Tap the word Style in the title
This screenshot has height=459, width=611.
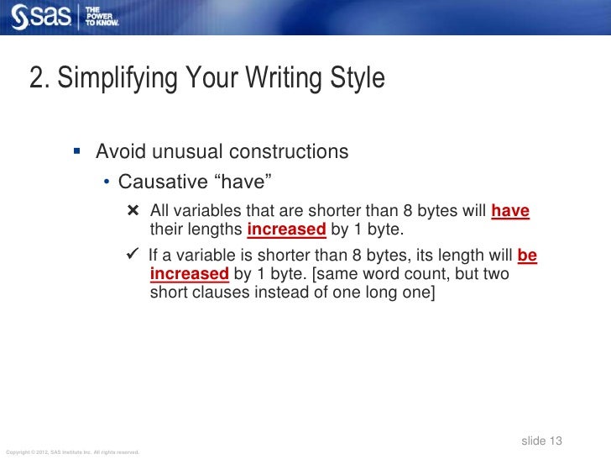pos(358,79)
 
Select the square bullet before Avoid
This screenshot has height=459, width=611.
pos(76,152)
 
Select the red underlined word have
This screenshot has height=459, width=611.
pos(510,211)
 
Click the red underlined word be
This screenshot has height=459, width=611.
pos(527,256)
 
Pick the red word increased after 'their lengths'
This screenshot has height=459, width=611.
pos(286,229)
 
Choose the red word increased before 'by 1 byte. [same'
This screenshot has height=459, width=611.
pos(189,274)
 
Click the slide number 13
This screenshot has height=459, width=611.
pos(554,441)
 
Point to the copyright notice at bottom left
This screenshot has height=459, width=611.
pos(71,452)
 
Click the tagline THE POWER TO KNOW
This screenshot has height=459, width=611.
pos(102,16)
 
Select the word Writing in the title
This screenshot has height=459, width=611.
pos(284,79)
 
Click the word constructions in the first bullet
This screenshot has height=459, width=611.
pos(288,152)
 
